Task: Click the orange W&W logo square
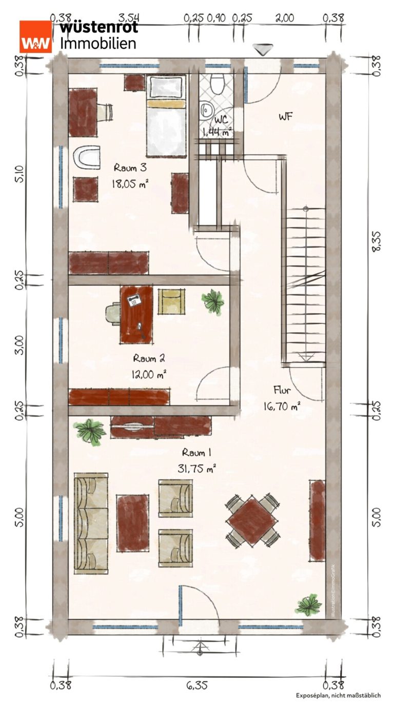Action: point(35,36)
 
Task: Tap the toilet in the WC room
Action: point(218,84)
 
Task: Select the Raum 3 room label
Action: point(130,167)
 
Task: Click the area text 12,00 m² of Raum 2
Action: point(149,375)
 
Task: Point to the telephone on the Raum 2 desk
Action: point(134,300)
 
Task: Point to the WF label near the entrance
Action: point(285,116)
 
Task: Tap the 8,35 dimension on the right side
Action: point(376,241)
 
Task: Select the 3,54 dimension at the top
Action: point(129,18)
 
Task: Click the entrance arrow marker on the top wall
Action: point(263,50)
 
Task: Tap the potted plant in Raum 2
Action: point(213,301)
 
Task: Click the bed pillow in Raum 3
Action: point(166,103)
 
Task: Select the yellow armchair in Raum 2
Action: point(171,301)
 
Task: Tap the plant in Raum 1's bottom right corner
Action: point(308,605)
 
